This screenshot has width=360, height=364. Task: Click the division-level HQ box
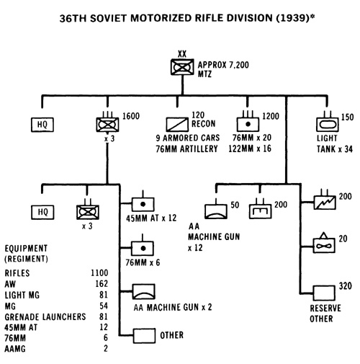(42, 125)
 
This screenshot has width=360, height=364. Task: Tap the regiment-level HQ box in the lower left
(42, 212)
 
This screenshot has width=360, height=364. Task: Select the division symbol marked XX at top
(182, 67)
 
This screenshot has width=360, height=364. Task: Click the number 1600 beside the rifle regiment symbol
(131, 116)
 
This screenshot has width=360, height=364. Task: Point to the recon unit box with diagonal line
(177, 125)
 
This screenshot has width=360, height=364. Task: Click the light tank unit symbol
(328, 125)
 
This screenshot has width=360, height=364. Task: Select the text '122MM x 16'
(250, 148)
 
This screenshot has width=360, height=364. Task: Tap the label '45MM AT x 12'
(151, 218)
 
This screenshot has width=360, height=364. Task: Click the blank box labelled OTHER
(145, 336)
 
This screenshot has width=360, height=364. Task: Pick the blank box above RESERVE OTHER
(324, 293)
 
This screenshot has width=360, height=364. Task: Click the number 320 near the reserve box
(345, 286)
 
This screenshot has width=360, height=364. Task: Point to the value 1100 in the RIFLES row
(99, 273)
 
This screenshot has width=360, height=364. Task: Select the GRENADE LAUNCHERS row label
(45, 317)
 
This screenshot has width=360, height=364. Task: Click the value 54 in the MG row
(104, 306)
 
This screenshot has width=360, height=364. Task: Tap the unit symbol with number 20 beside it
(324, 245)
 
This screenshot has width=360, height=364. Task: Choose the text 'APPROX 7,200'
(223, 65)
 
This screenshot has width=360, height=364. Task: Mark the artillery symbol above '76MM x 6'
(143, 248)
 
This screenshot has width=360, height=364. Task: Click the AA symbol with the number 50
(216, 211)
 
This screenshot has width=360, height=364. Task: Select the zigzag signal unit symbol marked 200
(325, 203)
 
